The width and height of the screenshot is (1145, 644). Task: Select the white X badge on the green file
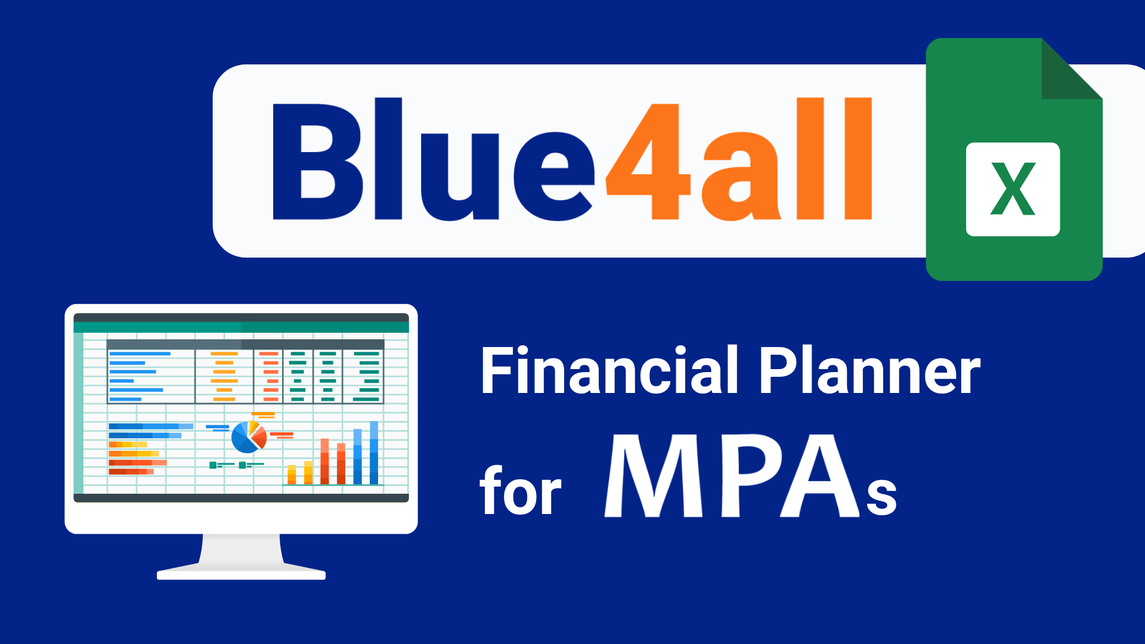1013,189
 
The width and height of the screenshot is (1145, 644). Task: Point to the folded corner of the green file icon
1071,69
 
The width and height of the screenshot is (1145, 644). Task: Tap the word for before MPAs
521,490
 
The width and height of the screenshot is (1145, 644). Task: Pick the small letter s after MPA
881,496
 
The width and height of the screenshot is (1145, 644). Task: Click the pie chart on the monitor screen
249,437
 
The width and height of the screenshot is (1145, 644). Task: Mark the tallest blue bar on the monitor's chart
374,453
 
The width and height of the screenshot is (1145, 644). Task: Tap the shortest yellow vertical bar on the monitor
292,475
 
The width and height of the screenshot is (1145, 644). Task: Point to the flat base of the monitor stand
241,575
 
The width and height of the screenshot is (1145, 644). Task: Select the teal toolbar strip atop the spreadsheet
241,327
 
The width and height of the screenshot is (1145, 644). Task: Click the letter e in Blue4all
555,177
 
